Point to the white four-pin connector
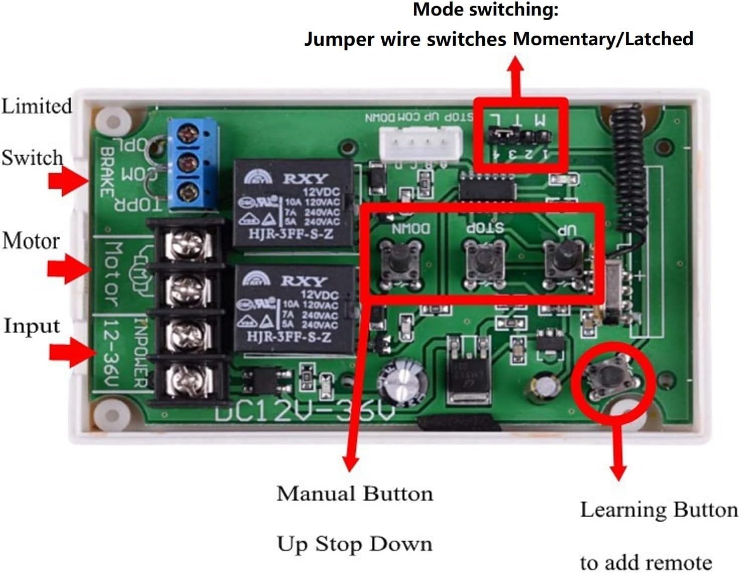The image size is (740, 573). pos(420,143)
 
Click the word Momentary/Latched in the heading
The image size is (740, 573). pos(603,39)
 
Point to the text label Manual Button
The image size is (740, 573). pos(355,494)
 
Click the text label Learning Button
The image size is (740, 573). pos(658,510)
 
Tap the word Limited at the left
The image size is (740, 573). pos(36,106)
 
